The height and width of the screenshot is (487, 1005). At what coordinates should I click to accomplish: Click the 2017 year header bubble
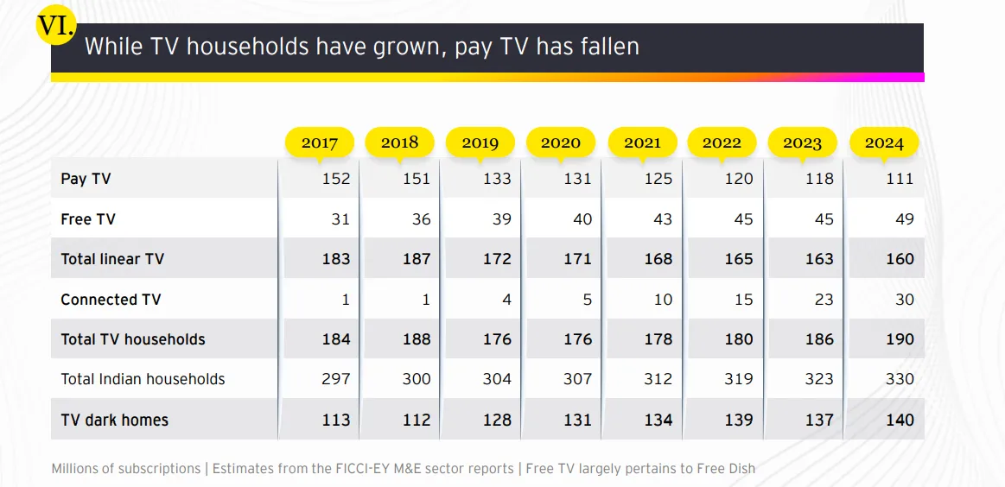tap(320, 143)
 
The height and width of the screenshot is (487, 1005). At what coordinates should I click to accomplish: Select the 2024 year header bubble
tap(884, 143)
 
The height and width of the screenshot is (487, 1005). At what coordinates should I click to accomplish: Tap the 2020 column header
tap(561, 143)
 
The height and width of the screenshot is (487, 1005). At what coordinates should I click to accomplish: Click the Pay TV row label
tap(86, 179)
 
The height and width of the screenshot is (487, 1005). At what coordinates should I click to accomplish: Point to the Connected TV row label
tap(111, 300)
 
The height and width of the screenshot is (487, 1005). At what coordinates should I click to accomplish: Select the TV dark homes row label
tap(114, 421)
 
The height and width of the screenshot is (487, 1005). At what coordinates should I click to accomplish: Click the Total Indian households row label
tap(143, 379)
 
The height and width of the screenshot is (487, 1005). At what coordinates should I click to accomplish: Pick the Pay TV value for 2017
tap(336, 179)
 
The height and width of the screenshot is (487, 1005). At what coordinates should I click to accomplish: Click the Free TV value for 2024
tap(904, 219)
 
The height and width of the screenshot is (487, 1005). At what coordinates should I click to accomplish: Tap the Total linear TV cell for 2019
tap(497, 259)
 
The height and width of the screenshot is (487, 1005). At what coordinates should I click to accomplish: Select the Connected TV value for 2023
tap(824, 300)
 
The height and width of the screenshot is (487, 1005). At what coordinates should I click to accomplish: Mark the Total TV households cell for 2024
tap(899, 339)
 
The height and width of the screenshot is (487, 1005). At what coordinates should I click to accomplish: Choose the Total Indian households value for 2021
tap(658, 379)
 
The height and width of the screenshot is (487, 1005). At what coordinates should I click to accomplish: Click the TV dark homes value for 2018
tap(417, 421)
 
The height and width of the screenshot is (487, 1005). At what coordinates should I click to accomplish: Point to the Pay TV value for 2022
tap(738, 179)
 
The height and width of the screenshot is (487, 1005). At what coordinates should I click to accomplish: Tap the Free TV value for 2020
tap(582, 219)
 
